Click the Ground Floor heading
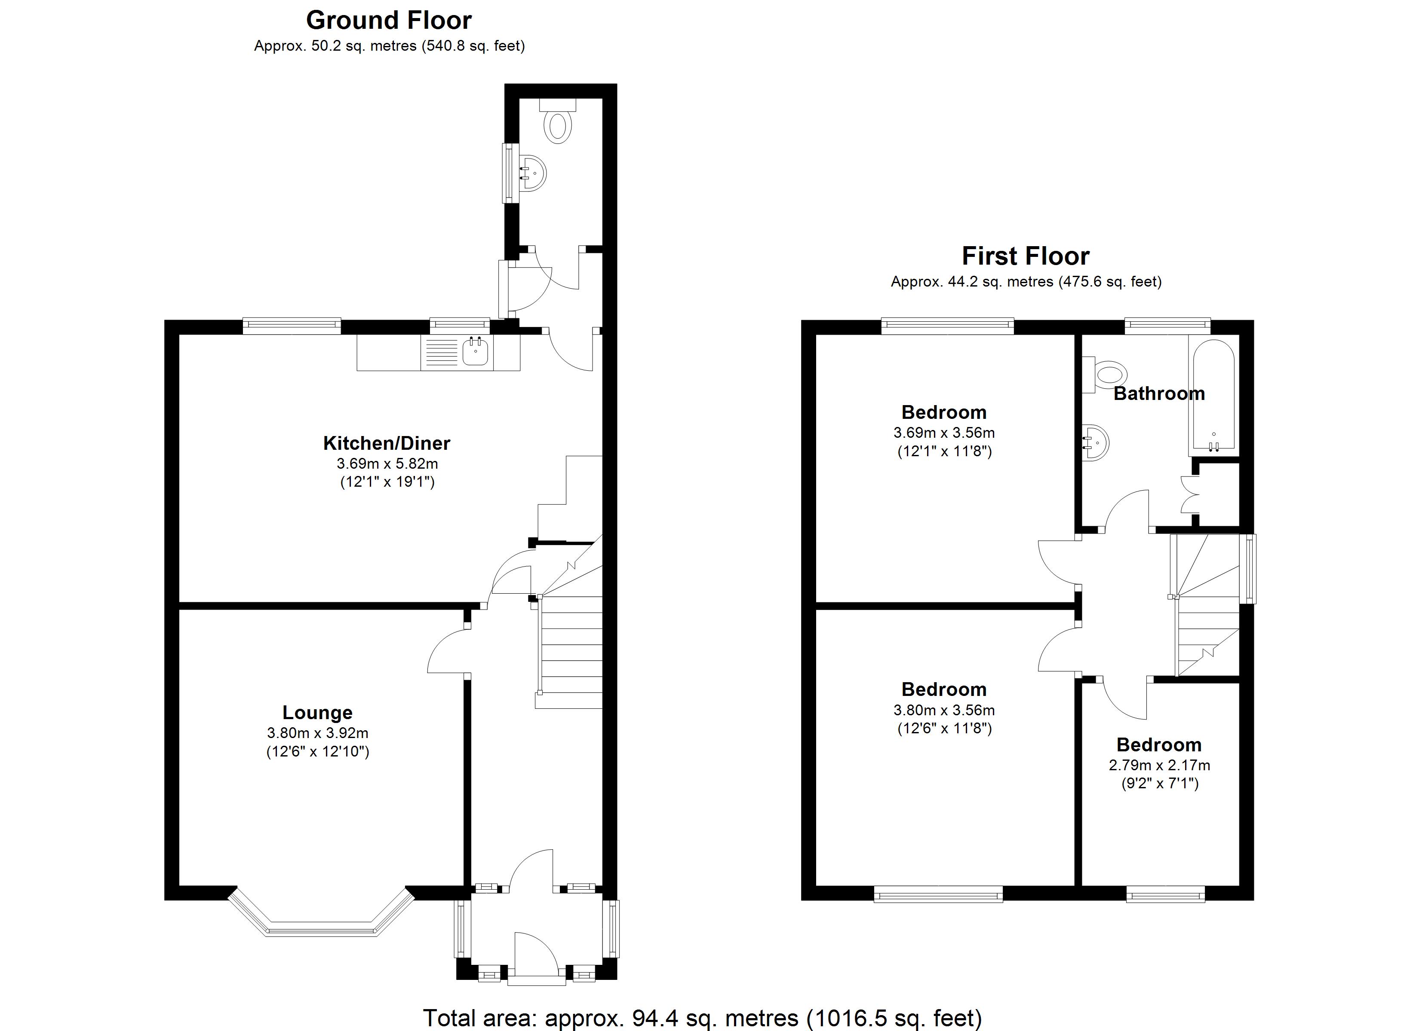tap(389, 21)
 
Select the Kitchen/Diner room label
tap(386, 443)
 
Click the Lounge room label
tap(317, 712)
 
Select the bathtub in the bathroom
tap(1213, 397)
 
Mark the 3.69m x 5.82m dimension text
tap(387, 464)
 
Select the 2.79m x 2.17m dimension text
tap(1159, 765)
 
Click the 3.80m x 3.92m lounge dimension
tap(317, 733)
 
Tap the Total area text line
tap(702, 1017)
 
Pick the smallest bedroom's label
tap(1159, 744)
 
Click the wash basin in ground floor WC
tap(534, 173)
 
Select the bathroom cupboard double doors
tap(1189, 494)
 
